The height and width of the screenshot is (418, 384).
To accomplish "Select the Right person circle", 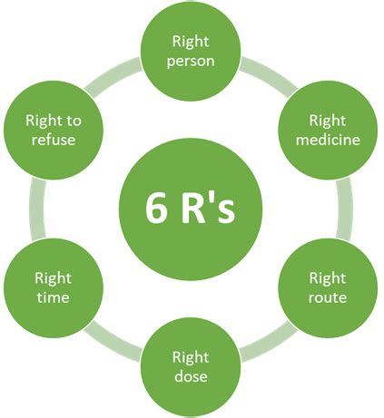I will point(190,52).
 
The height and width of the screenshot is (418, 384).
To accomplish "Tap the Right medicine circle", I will point(327,130).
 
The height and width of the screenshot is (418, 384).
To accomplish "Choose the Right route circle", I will point(327,287).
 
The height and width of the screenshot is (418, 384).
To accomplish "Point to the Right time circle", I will point(53,287).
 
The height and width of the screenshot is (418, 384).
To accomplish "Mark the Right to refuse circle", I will point(53,130).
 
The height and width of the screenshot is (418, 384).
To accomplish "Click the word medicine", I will point(327,140).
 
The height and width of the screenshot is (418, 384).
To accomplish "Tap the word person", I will point(190,62).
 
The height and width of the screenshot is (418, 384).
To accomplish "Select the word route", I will point(327,297).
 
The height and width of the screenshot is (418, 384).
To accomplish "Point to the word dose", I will point(190,375).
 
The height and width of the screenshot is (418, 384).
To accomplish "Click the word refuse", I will point(53,140).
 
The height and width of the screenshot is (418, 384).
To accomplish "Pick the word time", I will point(53,297).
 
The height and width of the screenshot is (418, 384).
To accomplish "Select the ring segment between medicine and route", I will point(346,209).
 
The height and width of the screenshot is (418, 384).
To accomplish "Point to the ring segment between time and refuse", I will point(34,209).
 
